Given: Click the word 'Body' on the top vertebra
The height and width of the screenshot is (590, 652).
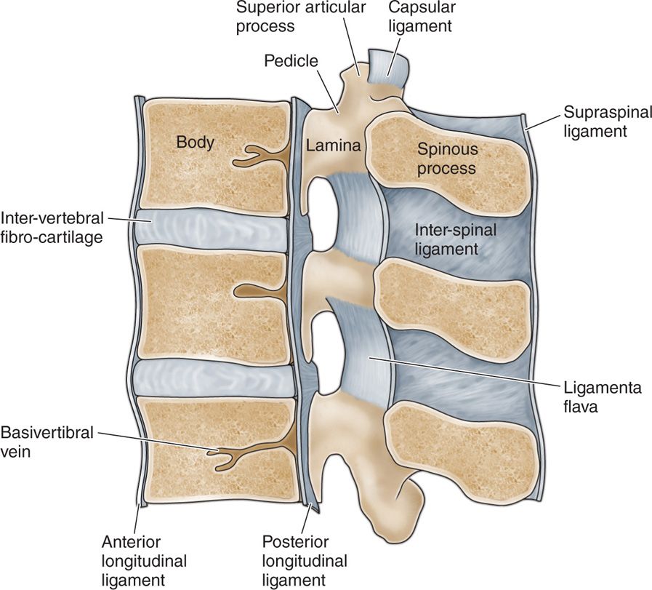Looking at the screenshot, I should (196, 142).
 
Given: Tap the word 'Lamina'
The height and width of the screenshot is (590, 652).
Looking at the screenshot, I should (334, 145).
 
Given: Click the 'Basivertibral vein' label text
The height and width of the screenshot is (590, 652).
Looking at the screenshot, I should (47, 442).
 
